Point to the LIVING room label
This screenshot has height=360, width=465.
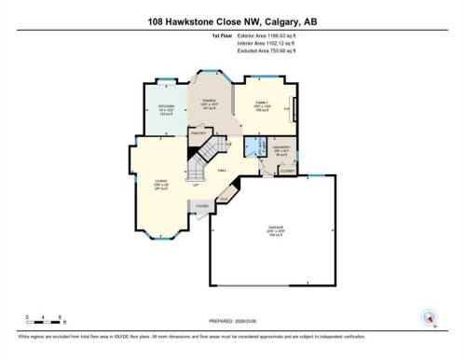click(x=159, y=183)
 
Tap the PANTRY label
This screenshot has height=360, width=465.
click(x=198, y=133)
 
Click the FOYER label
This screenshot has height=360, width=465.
click(x=201, y=205)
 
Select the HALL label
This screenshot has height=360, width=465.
click(x=222, y=171)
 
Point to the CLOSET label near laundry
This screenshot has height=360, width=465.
click(x=288, y=171)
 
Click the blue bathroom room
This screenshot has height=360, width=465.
click(x=252, y=147)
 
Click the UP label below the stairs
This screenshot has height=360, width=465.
click(x=196, y=185)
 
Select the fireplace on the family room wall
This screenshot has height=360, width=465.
click(x=295, y=109)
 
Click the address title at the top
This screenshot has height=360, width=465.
click(x=232, y=20)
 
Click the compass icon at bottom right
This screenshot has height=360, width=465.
click(x=429, y=316)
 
